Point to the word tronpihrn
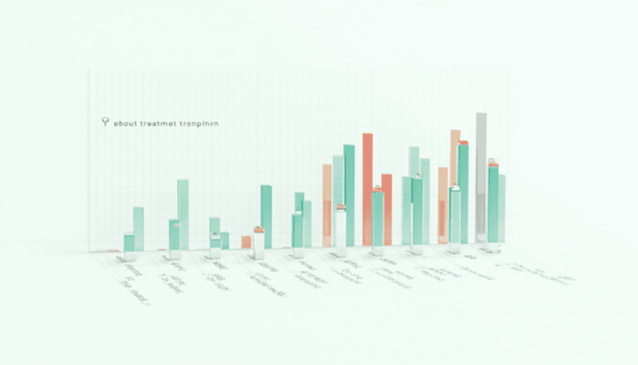(200, 123)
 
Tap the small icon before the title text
(106, 122)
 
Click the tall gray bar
(481, 176)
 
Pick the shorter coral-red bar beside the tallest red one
(387, 209)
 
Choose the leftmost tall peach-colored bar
(326, 204)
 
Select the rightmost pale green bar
(502, 208)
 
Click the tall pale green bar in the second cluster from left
(183, 213)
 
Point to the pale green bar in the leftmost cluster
(138, 228)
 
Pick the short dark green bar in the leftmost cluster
(128, 243)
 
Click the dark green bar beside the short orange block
(266, 216)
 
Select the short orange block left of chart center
(246, 241)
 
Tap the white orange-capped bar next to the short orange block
(258, 241)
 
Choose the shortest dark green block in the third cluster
(224, 240)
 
